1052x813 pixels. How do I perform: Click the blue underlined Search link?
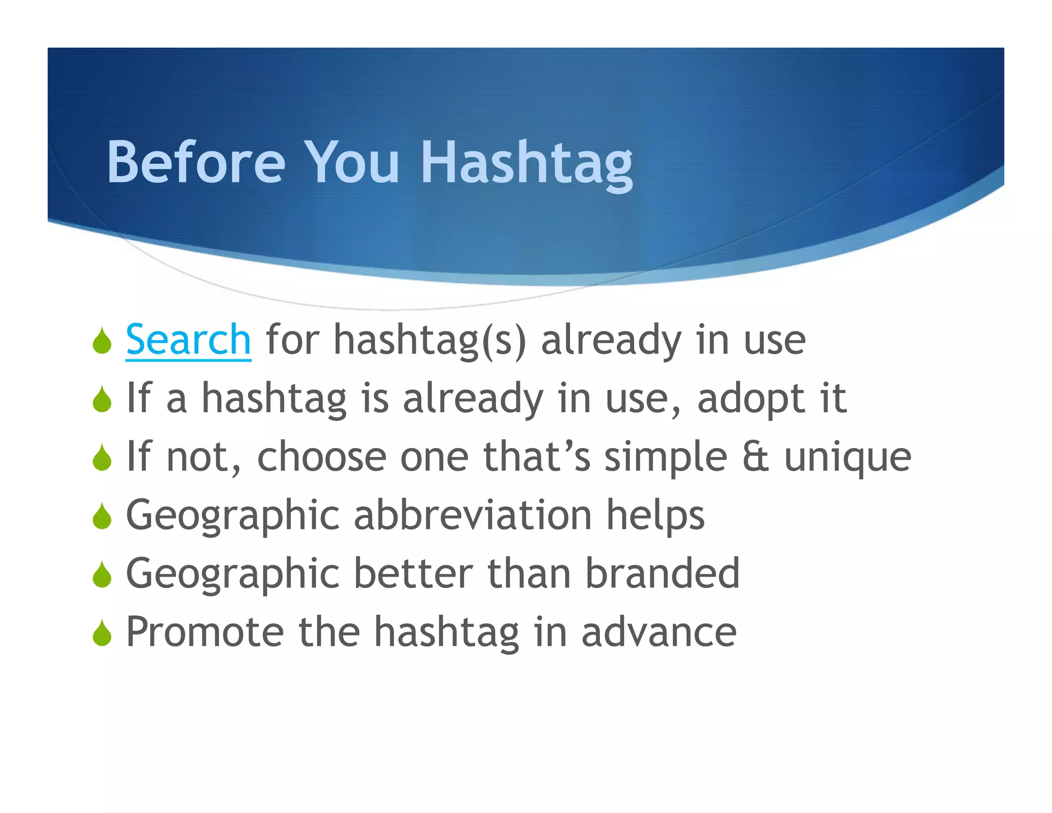(188, 340)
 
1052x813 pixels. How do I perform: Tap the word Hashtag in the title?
(526, 163)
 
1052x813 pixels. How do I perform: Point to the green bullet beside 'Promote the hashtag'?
(102, 633)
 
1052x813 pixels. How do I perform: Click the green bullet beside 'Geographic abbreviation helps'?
(102, 516)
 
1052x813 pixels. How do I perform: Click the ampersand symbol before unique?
(756, 457)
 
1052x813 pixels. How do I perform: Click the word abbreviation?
(473, 515)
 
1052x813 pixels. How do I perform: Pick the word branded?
(662, 573)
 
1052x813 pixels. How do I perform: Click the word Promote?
(204, 632)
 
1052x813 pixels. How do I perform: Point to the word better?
(413, 573)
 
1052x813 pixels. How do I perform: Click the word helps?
(655, 516)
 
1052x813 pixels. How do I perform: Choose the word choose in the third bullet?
(321, 457)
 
